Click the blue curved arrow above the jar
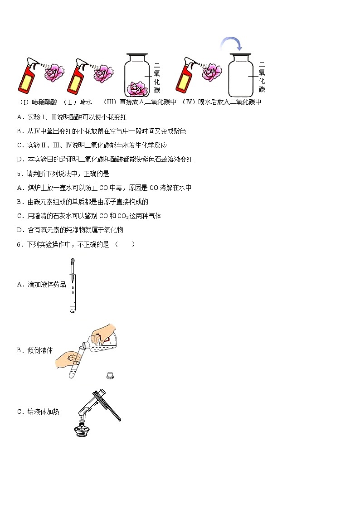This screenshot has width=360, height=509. (232, 44)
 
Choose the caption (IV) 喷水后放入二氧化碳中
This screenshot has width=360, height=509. (222, 102)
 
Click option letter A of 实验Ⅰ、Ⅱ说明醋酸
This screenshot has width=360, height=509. (19, 117)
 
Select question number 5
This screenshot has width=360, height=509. (19, 174)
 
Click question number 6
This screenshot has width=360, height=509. (19, 244)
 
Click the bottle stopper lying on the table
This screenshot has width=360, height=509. (109, 374)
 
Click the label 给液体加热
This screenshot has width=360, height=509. (43, 412)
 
